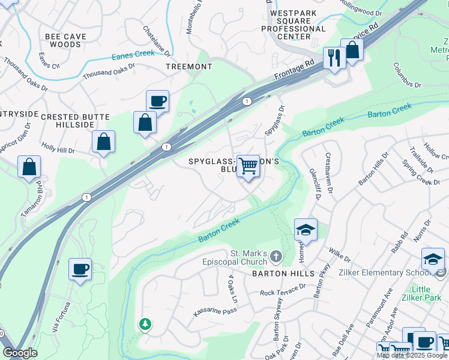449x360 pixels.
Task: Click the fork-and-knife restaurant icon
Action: coord(333,58)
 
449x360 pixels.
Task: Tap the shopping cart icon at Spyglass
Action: coord(248,166)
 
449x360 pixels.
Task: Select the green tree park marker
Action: coord(145,325)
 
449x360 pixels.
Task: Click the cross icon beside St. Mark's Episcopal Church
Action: coord(276,257)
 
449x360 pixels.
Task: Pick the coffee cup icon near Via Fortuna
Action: coord(80,269)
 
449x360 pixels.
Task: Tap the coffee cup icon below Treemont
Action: coord(157,101)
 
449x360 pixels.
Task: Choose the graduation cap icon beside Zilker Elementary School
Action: coord(432,259)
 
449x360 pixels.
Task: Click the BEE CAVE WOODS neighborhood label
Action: coord(66,40)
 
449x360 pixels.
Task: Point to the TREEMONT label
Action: coord(188,67)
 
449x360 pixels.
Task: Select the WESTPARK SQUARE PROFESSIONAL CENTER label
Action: coord(298,21)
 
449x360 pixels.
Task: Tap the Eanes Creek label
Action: coord(133,56)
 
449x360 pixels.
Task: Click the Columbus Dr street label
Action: coord(407,75)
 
